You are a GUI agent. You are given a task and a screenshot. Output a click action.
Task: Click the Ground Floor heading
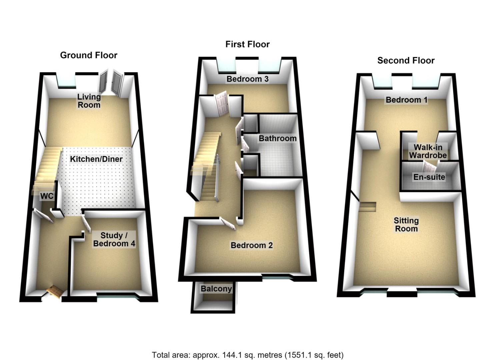pyautogui.click(x=89, y=55)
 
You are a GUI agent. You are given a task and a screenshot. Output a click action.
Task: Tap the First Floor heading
pyautogui.click(x=247, y=44)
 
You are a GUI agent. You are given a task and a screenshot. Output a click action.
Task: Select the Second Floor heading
pyautogui.click(x=406, y=61)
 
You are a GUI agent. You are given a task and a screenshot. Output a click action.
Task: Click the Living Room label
pyautogui.click(x=89, y=101)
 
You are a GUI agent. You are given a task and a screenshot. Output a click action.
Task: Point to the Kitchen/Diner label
pyautogui.click(x=96, y=159)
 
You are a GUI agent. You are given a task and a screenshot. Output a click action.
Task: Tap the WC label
pyautogui.click(x=47, y=196)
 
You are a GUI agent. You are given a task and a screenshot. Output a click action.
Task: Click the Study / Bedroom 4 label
pyautogui.click(x=114, y=240)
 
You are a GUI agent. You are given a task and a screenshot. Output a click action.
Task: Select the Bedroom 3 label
pyautogui.click(x=247, y=79)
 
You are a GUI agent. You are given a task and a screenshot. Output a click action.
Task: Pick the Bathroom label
pyautogui.click(x=278, y=139)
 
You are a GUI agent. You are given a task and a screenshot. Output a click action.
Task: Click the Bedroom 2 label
pyautogui.click(x=252, y=245)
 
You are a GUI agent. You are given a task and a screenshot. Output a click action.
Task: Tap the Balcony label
pyautogui.click(x=216, y=289)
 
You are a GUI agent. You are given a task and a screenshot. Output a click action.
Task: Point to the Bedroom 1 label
pyautogui.click(x=407, y=100)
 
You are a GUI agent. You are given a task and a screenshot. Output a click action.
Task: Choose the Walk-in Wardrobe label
pyautogui.click(x=428, y=151)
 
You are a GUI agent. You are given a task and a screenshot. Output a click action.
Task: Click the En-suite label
pyautogui.click(x=429, y=177)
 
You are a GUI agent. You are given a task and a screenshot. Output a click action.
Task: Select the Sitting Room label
pyautogui.click(x=406, y=225)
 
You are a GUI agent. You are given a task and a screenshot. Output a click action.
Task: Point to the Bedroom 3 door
pyautogui.click(x=222, y=104)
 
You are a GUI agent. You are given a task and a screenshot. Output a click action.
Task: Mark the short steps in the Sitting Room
pyautogui.click(x=367, y=207)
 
